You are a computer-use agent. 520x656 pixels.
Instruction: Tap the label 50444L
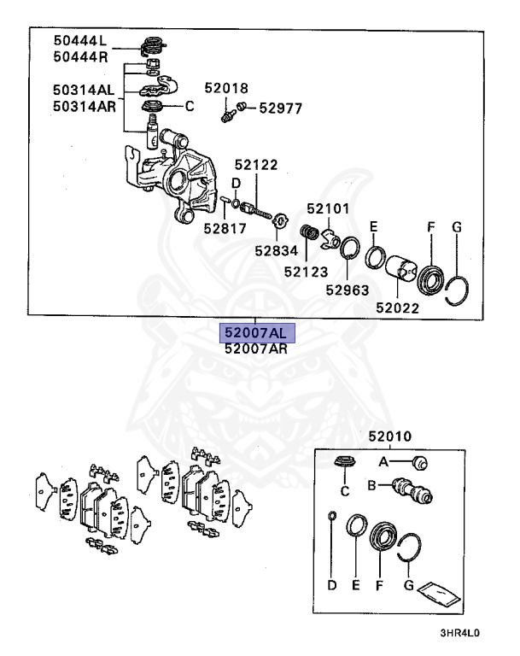click(79, 40)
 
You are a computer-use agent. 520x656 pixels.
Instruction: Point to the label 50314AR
click(83, 106)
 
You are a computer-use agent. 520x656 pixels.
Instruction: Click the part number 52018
click(226, 88)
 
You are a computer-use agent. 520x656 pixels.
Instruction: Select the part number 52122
click(257, 165)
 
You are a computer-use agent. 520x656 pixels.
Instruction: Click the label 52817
click(225, 228)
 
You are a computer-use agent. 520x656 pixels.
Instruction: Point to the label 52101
click(329, 208)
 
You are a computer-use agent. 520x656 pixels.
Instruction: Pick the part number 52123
click(306, 272)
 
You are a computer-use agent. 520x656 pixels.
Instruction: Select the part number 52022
click(397, 307)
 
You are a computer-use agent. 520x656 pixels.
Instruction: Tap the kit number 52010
click(390, 436)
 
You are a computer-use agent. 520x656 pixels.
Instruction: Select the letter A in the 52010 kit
click(383, 462)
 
